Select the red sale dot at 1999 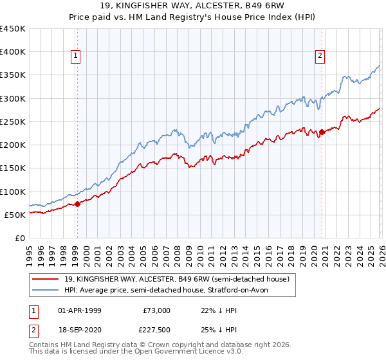click(77, 204)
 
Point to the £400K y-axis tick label click(12, 52)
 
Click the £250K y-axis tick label click(12, 122)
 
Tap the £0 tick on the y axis click(20, 238)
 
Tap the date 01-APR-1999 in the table click(80, 310)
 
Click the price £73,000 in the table click(156, 310)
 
